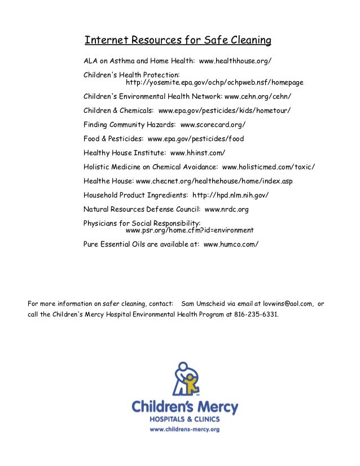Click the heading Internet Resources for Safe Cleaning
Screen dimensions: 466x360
[178, 41]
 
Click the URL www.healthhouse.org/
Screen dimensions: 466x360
[239, 60]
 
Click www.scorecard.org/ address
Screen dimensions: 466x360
[213, 125]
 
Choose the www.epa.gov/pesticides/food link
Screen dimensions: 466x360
[195, 139]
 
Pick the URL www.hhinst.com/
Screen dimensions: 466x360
[197, 153]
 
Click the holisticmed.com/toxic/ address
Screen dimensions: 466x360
[269, 167]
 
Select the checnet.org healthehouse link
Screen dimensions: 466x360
[214, 181]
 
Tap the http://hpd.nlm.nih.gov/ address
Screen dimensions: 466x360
[231, 195]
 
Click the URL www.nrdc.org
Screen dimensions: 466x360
[226, 209]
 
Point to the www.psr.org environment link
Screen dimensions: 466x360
[190, 231]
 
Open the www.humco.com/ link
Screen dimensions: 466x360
[231, 245]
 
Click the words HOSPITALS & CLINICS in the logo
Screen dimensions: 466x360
[185, 419]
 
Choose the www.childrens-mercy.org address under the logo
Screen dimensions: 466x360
[185, 429]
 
